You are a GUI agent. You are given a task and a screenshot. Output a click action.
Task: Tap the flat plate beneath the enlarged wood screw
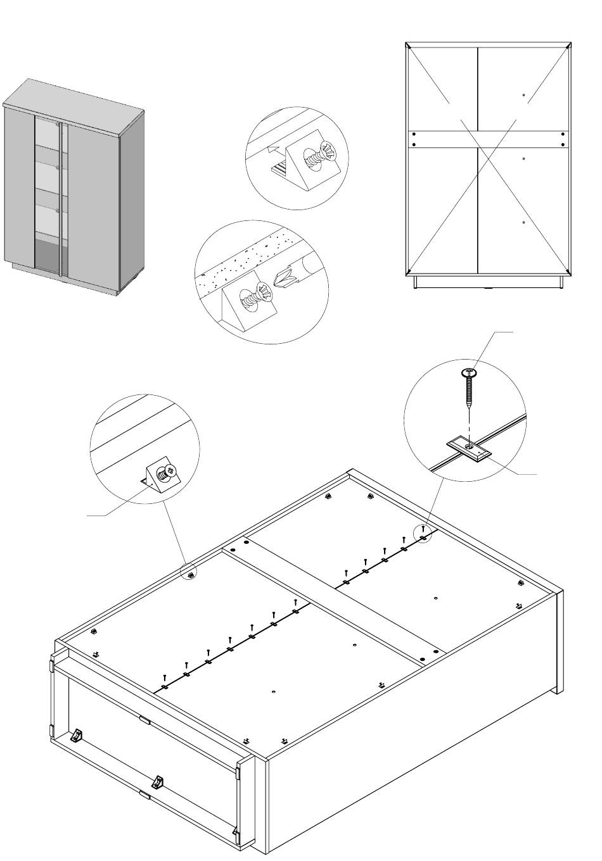point(468,449)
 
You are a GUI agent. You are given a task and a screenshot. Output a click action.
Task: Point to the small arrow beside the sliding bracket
point(273,150)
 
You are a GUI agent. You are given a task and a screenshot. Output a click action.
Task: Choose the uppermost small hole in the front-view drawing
point(523,96)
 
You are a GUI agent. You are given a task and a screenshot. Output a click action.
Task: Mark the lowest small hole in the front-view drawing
point(523,222)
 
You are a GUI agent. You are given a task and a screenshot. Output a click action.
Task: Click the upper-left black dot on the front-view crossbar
point(414,134)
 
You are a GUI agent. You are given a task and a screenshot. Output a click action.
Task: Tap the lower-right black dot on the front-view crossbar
point(563,144)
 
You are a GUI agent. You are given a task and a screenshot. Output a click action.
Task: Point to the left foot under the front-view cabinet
point(416,282)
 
